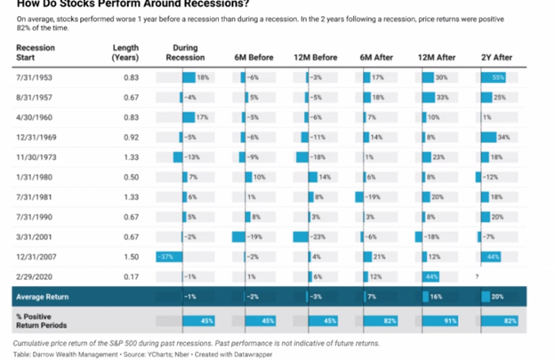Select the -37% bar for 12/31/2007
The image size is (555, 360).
coord(168,256)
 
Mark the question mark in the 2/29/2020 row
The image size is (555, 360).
coord(481,276)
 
